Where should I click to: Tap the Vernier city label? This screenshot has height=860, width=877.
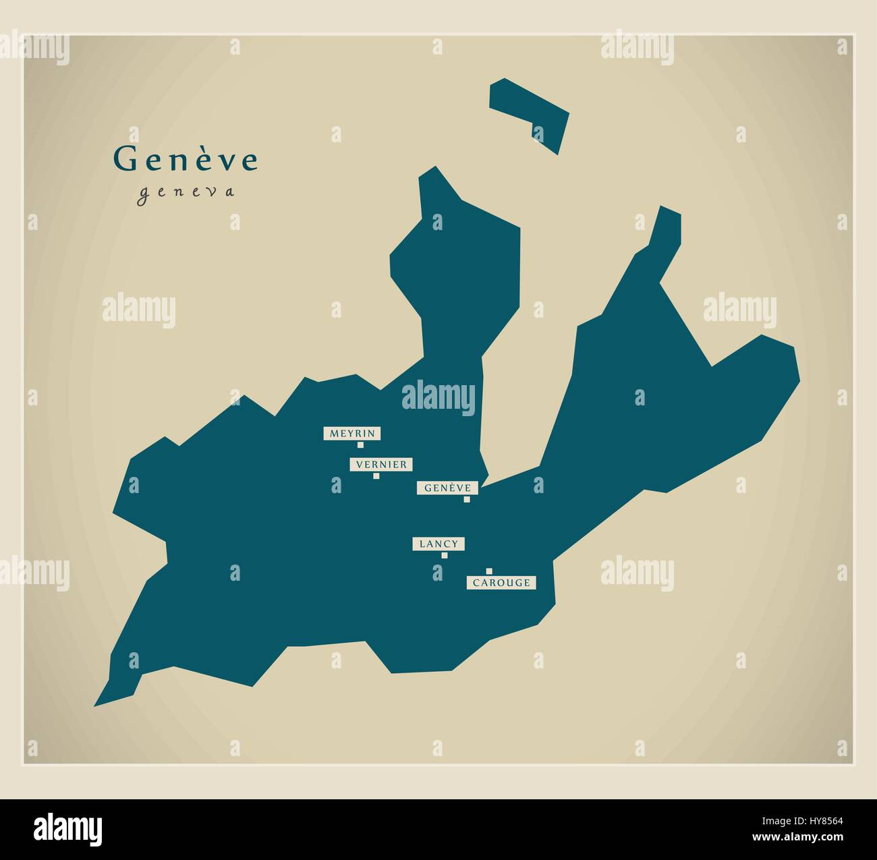[381, 464]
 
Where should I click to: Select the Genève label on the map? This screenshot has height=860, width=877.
[448, 488]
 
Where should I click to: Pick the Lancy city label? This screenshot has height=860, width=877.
[438, 544]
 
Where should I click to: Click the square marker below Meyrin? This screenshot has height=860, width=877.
[360, 445]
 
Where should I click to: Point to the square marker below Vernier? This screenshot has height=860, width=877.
[376, 476]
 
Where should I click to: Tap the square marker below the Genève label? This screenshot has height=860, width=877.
[466, 499]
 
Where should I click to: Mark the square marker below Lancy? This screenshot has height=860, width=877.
[444, 555]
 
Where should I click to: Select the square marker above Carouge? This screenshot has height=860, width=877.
[489, 571]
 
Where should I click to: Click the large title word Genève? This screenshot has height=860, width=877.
[186, 160]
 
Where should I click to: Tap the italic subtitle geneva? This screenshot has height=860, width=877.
[186, 192]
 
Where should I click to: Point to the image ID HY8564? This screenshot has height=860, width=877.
[818, 822]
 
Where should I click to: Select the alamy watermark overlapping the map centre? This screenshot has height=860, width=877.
[438, 396]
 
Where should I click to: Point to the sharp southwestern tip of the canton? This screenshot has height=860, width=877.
[96, 704]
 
